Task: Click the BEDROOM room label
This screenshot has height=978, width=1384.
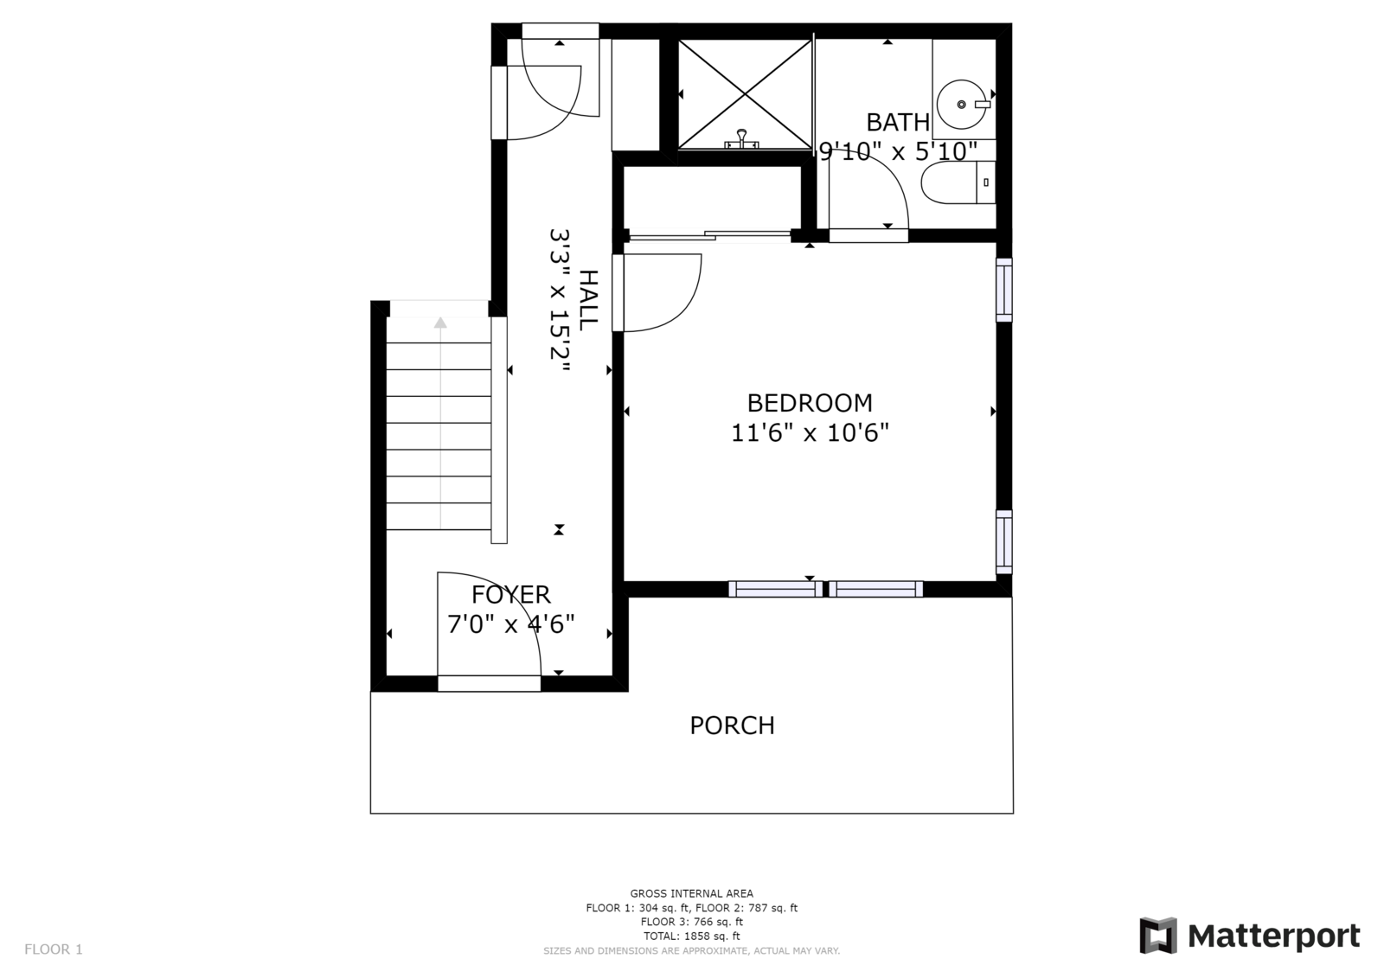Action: tap(810, 403)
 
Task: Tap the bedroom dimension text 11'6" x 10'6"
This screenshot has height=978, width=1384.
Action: tap(810, 432)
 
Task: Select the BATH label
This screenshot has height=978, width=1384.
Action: tap(898, 122)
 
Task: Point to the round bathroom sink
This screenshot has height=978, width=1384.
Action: tap(962, 105)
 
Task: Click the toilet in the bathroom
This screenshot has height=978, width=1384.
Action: tap(958, 182)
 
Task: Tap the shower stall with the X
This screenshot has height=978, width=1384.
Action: tap(745, 94)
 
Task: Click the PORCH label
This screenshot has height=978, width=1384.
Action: tap(732, 726)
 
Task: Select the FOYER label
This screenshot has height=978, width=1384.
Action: tap(511, 594)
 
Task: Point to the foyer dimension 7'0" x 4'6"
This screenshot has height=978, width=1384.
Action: tap(511, 624)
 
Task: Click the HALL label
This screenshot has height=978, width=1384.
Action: tap(589, 300)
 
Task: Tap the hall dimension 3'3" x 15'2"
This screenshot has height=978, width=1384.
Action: tap(560, 301)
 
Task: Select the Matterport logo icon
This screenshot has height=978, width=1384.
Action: tap(1158, 936)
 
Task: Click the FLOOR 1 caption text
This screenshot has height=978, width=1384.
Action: tap(53, 949)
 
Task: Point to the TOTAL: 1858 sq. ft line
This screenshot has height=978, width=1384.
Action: tap(691, 936)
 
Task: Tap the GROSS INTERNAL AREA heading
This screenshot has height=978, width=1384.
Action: tap(691, 893)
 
